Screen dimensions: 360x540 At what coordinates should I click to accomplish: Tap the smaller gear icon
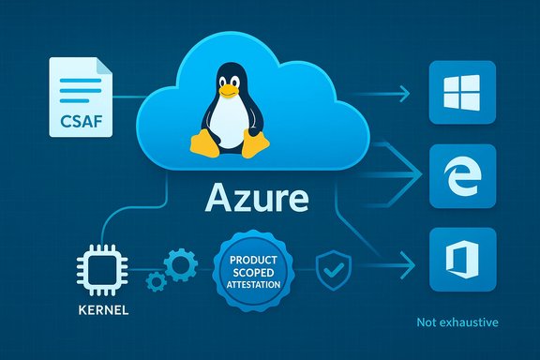153,278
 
